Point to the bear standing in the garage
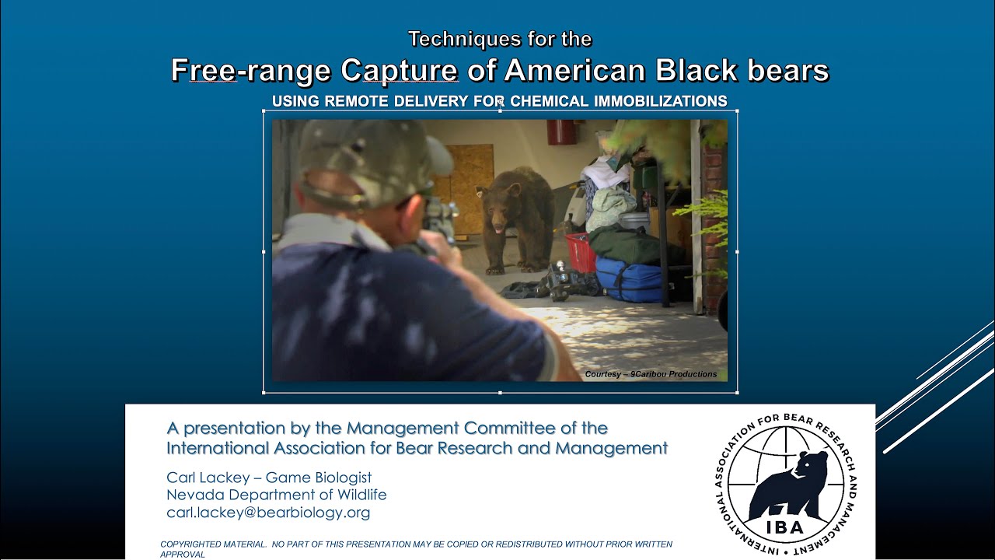click(516, 218)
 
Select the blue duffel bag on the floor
click(628, 278)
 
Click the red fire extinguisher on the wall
click(560, 131)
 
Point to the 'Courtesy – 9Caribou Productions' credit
click(651, 374)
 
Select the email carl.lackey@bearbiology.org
click(268, 513)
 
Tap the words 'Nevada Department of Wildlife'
click(276, 495)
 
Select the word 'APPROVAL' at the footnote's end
click(183, 555)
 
